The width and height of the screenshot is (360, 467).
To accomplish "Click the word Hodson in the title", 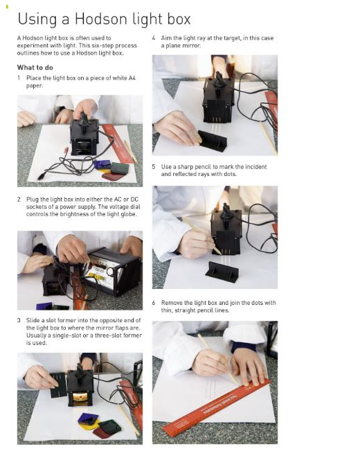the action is [101, 19].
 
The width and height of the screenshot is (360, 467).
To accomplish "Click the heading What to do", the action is [35, 68].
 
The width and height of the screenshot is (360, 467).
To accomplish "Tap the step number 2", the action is [19, 200].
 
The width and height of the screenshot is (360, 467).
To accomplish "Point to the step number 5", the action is [154, 167].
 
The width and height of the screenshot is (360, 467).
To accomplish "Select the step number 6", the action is [154, 303].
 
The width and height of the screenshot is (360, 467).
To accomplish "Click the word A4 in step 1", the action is [132, 78].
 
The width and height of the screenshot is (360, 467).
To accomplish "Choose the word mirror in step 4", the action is [190, 46].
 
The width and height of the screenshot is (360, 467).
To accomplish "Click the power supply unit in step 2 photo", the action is [111, 272].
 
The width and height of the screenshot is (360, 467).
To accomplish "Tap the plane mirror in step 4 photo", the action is [213, 141].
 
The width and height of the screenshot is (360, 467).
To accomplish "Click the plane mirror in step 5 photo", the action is [222, 272].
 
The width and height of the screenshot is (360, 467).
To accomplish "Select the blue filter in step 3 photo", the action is [88, 418].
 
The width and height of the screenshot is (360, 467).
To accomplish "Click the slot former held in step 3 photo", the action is [59, 386].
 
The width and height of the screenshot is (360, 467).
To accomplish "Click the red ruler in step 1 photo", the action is [118, 143].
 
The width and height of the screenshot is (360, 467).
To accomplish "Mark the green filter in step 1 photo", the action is [120, 168].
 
